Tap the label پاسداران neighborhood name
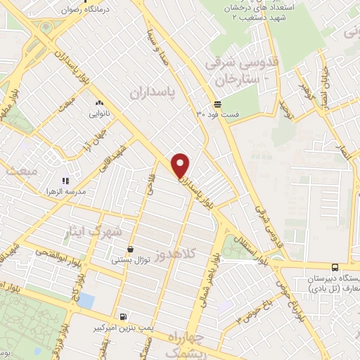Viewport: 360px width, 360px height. coord(152,91)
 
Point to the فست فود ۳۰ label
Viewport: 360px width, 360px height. coord(218,115)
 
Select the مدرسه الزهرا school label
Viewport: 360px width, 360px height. coord(62,191)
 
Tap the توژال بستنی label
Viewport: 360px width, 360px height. coord(130,259)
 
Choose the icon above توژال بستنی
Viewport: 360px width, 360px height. coord(131,249)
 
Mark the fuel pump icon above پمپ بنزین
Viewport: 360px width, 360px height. coord(124,317)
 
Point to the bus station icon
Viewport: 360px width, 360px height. coord(335,267)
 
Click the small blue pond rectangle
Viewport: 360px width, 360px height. coord(86,301)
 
